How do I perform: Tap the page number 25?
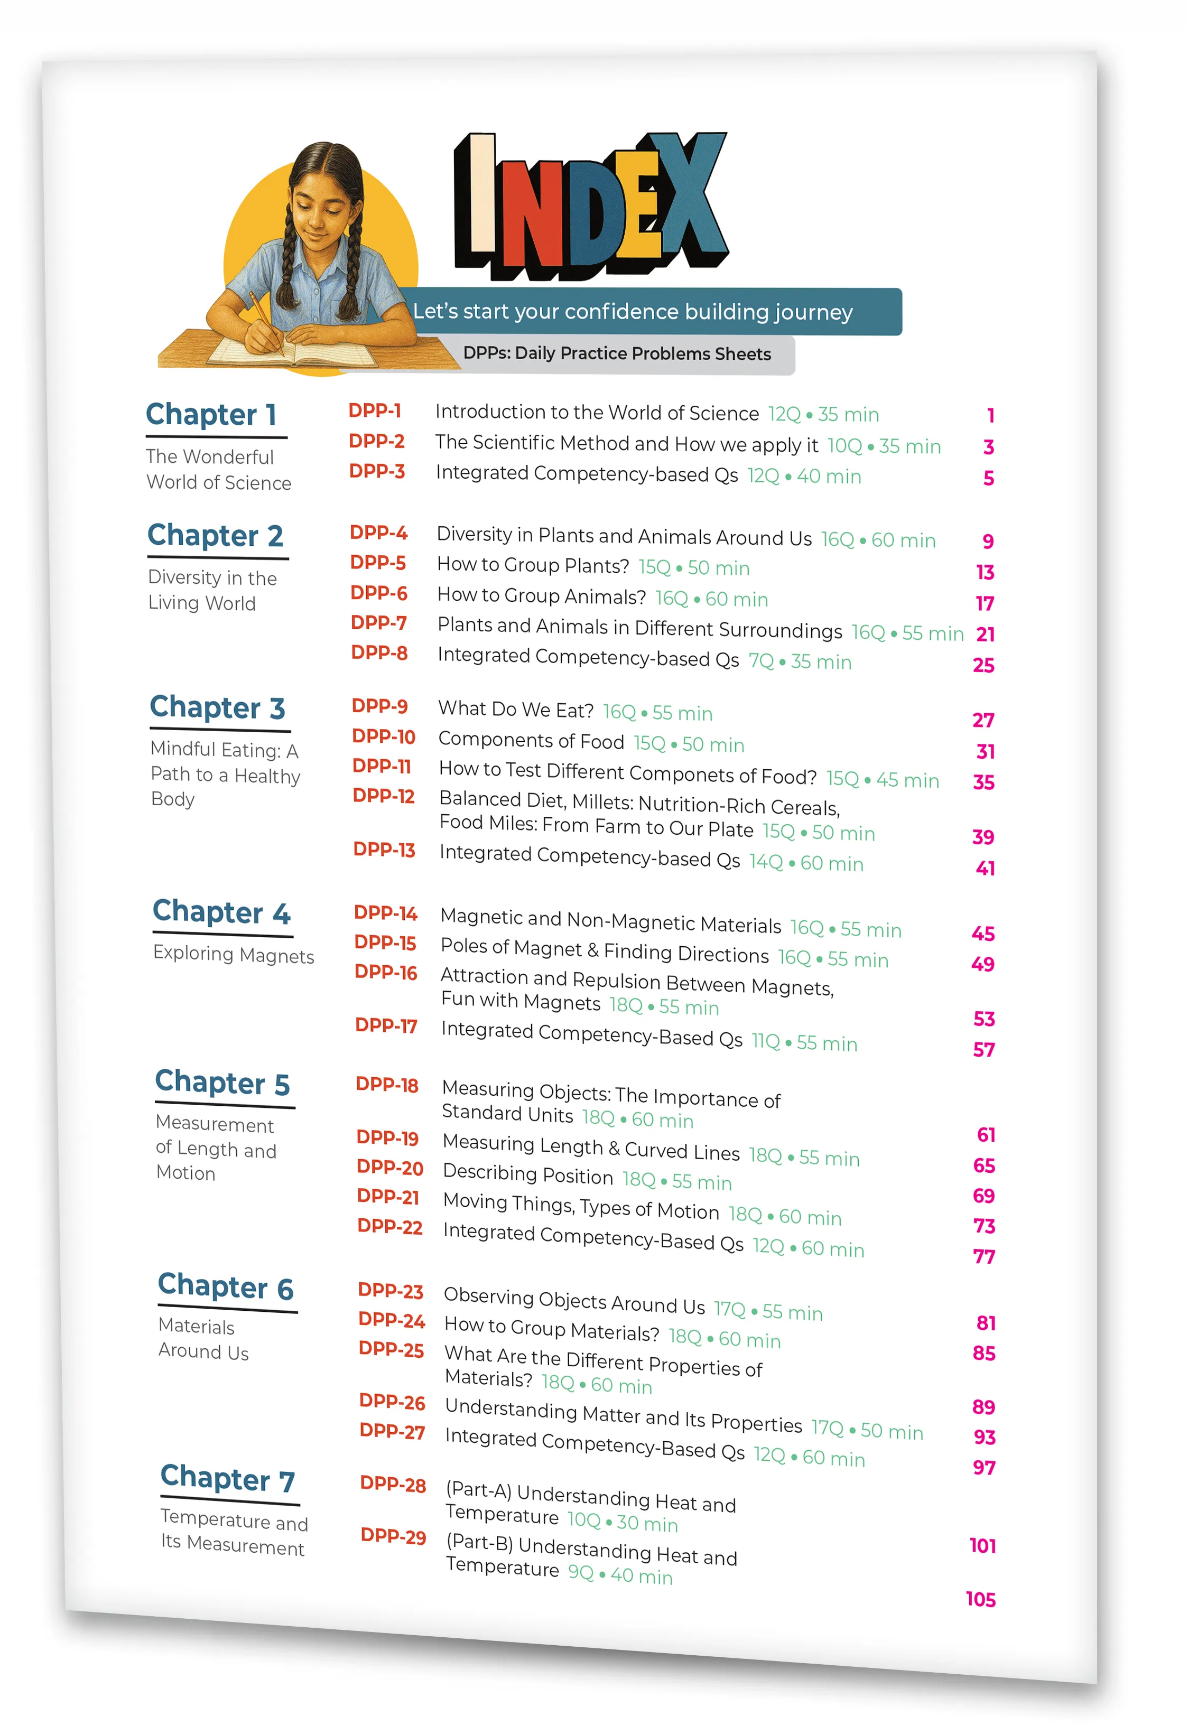pyautogui.click(x=983, y=665)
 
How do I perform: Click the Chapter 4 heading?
pyautogui.click(x=221, y=912)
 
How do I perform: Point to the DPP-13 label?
pyautogui.click(x=384, y=850)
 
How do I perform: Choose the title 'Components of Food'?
pyautogui.click(x=531, y=741)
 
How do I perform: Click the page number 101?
pyautogui.click(x=982, y=1545)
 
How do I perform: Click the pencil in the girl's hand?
pyautogui.click(x=262, y=313)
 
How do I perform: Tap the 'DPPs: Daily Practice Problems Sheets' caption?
pyautogui.click(x=617, y=354)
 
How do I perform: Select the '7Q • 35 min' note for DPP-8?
pyautogui.click(x=800, y=661)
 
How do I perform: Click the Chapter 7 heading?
pyautogui.click(x=228, y=1479)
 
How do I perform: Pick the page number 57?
pyautogui.click(x=983, y=1050)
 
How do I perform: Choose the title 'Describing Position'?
pyautogui.click(x=528, y=1174)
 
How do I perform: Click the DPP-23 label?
pyautogui.click(x=391, y=1290)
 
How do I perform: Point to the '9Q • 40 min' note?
pyautogui.click(x=620, y=1574)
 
